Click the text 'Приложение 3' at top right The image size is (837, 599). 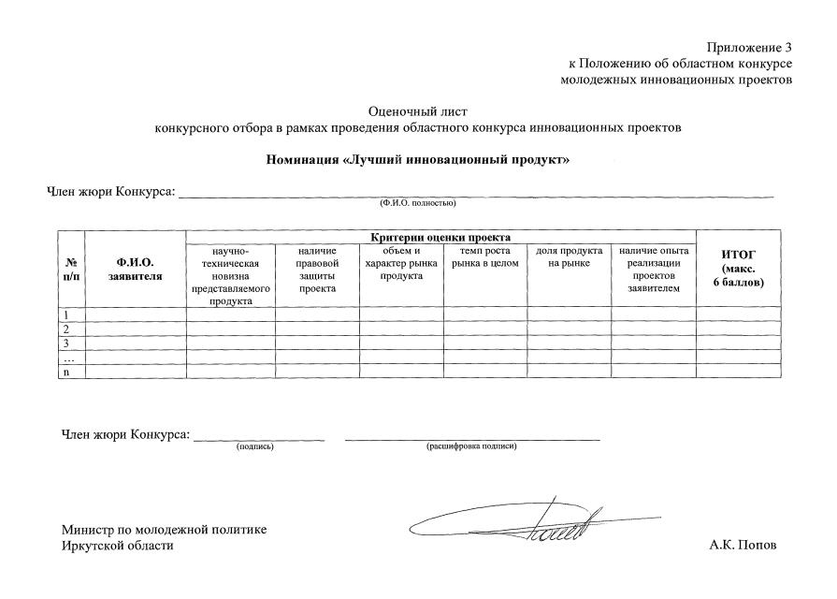749,47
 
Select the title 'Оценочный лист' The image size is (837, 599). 418,111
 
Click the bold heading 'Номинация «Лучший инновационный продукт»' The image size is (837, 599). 418,160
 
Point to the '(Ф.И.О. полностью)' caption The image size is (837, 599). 417,202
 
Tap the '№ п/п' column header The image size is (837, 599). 71,269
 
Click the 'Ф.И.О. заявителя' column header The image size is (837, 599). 135,269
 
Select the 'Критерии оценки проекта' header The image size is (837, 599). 440,238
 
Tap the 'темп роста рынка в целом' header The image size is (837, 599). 484,257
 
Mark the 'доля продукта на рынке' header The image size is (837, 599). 569,257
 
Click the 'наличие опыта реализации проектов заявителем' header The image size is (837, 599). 654,270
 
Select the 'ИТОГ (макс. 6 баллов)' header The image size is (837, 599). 738,269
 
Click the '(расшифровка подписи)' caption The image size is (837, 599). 471,446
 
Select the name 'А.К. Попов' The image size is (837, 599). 743,546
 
